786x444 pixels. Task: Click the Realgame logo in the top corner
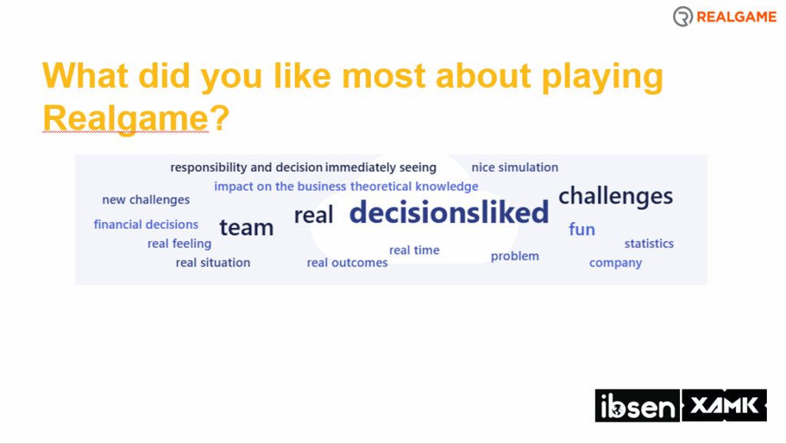coord(725,17)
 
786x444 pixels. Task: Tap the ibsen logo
coord(637,406)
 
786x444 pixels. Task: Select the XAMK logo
coord(724,405)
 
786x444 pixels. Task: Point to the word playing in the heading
coord(603,77)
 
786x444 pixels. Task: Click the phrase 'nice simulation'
coord(515,167)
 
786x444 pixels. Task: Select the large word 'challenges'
coord(616,196)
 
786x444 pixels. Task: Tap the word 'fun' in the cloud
coord(582,229)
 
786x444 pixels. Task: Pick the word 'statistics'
coord(649,244)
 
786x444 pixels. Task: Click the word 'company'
coord(616,263)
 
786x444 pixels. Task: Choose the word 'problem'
coord(515,256)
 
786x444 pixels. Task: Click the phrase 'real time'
coord(414,250)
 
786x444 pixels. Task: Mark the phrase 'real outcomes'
coord(348,263)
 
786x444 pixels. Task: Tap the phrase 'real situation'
coord(213,263)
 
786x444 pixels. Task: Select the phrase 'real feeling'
coord(180,244)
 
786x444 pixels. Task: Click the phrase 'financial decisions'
coord(146,224)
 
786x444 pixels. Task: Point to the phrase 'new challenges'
coord(146,200)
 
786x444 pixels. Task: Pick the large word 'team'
coord(246,227)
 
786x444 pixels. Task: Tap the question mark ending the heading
coord(220,118)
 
